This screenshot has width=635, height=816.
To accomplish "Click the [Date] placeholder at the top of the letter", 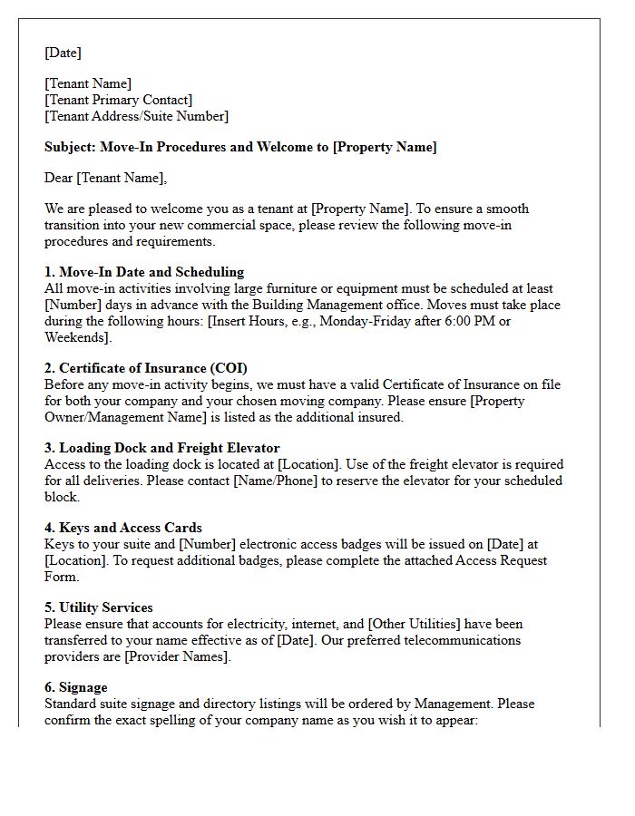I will tap(63, 53).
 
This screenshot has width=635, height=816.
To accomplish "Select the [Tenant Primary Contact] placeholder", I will tap(118, 100).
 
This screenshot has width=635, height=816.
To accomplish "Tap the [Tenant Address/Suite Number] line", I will tap(136, 116).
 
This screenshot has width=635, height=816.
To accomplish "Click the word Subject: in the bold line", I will tap(70, 147).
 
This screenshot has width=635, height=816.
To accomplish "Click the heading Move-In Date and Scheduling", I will tap(151, 272).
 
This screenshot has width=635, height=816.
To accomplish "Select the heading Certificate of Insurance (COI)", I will tap(153, 368).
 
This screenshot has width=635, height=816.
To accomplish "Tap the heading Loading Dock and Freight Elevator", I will tap(169, 448).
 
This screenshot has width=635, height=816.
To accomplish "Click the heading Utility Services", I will tap(105, 607).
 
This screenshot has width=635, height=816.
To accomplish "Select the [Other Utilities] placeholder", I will tap(418, 624).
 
